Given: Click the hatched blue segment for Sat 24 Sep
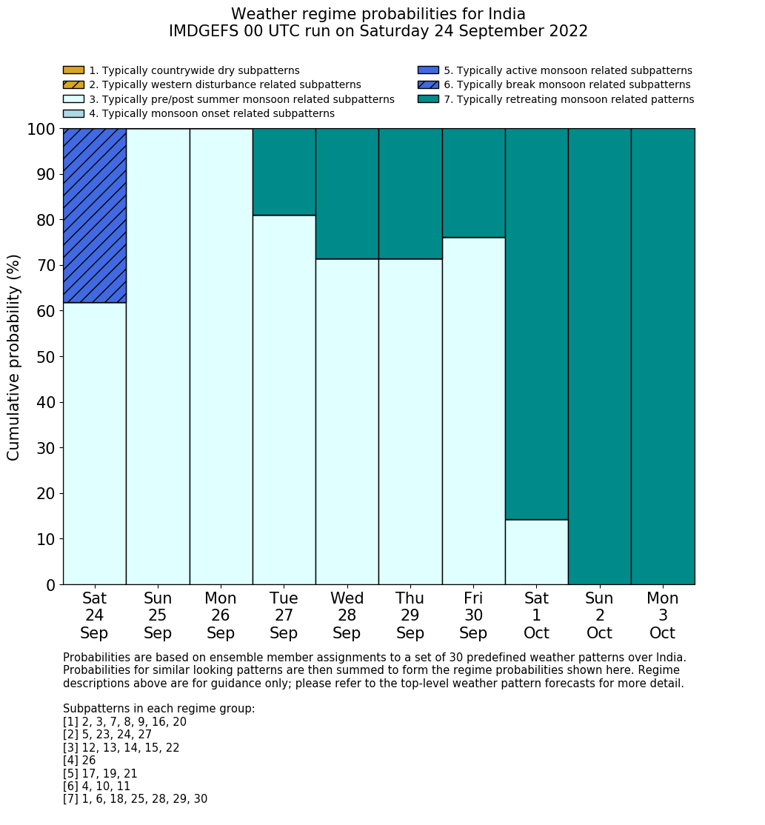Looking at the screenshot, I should (95, 216).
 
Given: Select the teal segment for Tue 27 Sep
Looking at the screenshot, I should (284, 172).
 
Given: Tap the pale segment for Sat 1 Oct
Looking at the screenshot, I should (536, 552).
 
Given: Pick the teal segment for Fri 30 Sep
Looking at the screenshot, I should (473, 183).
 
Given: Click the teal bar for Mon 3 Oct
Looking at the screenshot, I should (663, 356).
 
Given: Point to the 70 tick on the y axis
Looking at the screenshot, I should (60, 265).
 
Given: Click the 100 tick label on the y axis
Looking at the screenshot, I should (41, 130).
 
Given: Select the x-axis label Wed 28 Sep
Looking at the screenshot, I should (347, 615).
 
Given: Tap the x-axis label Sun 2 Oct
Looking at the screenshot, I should (600, 615).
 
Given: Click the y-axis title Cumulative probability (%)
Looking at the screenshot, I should (14, 357).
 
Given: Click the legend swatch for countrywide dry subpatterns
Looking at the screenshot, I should (73, 70).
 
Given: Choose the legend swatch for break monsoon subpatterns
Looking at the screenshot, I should (428, 84).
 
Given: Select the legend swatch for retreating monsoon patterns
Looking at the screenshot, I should (428, 99).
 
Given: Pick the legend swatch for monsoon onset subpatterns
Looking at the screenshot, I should (73, 113).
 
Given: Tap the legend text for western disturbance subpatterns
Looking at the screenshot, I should (224, 85).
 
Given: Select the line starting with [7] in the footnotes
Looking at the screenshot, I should (135, 799).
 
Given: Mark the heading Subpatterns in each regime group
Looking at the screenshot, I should (158, 709).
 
